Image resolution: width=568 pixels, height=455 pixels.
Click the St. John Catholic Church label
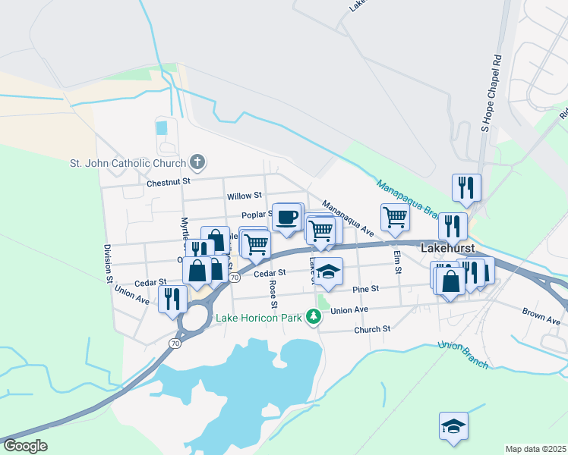pos(128,163)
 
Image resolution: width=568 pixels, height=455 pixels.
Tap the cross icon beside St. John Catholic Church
pos(197,162)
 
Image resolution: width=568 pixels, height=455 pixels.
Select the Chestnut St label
pos(168,182)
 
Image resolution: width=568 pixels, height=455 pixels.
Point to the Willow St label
pos(244,196)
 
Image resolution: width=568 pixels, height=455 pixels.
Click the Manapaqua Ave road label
pos(348,216)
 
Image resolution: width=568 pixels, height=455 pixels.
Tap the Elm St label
pos(396,262)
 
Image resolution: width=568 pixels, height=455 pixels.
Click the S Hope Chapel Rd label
pos(487,91)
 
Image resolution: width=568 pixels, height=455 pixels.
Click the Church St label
pos(372,329)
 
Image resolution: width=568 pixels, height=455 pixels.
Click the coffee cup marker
pos(286,217)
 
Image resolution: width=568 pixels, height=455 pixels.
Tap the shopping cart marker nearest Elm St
pos(395,217)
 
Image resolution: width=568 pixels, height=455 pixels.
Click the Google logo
pos(25,446)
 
